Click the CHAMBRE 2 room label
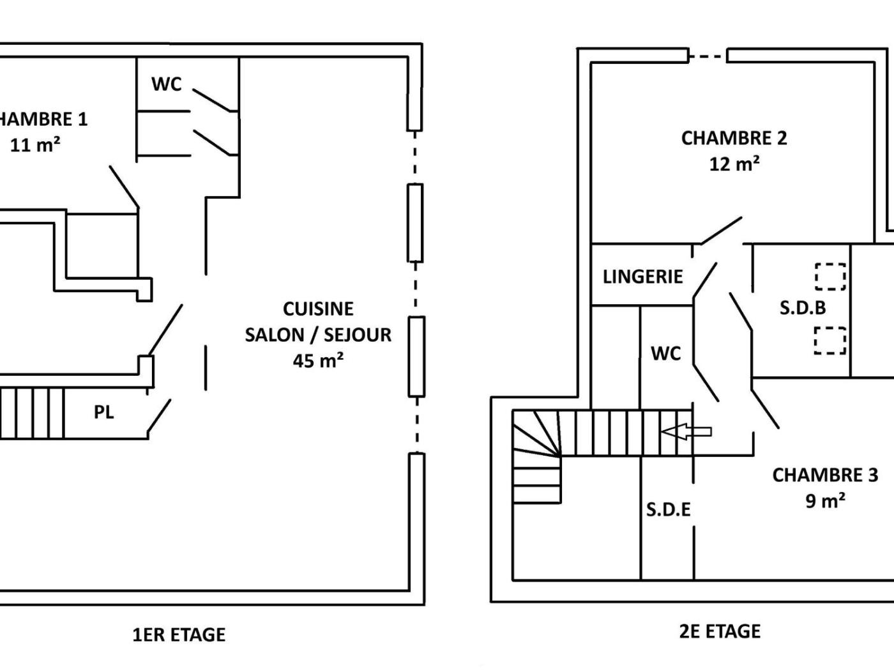pyautogui.click(x=734, y=138)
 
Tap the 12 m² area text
pyautogui.click(x=734, y=164)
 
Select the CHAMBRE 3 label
pyautogui.click(x=825, y=475)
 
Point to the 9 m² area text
pyautogui.click(x=825, y=500)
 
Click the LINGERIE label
pyautogui.click(x=642, y=277)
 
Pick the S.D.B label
pyautogui.click(x=803, y=308)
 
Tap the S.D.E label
pyautogui.click(x=668, y=509)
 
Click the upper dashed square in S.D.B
pyautogui.click(x=830, y=277)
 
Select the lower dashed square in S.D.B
pyautogui.click(x=830, y=341)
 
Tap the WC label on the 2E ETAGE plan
pyautogui.click(x=666, y=353)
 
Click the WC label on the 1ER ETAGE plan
pyautogui.click(x=166, y=84)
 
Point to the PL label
pyautogui.click(x=104, y=413)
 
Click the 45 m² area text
pyautogui.click(x=318, y=360)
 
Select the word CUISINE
pyautogui.click(x=318, y=309)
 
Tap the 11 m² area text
pyautogui.click(x=35, y=145)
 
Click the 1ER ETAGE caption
pyautogui.click(x=179, y=635)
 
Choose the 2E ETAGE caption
pyautogui.click(x=720, y=631)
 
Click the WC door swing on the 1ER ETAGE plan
pyautogui.click(x=215, y=100)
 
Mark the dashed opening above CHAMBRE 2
pyautogui.click(x=708, y=57)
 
